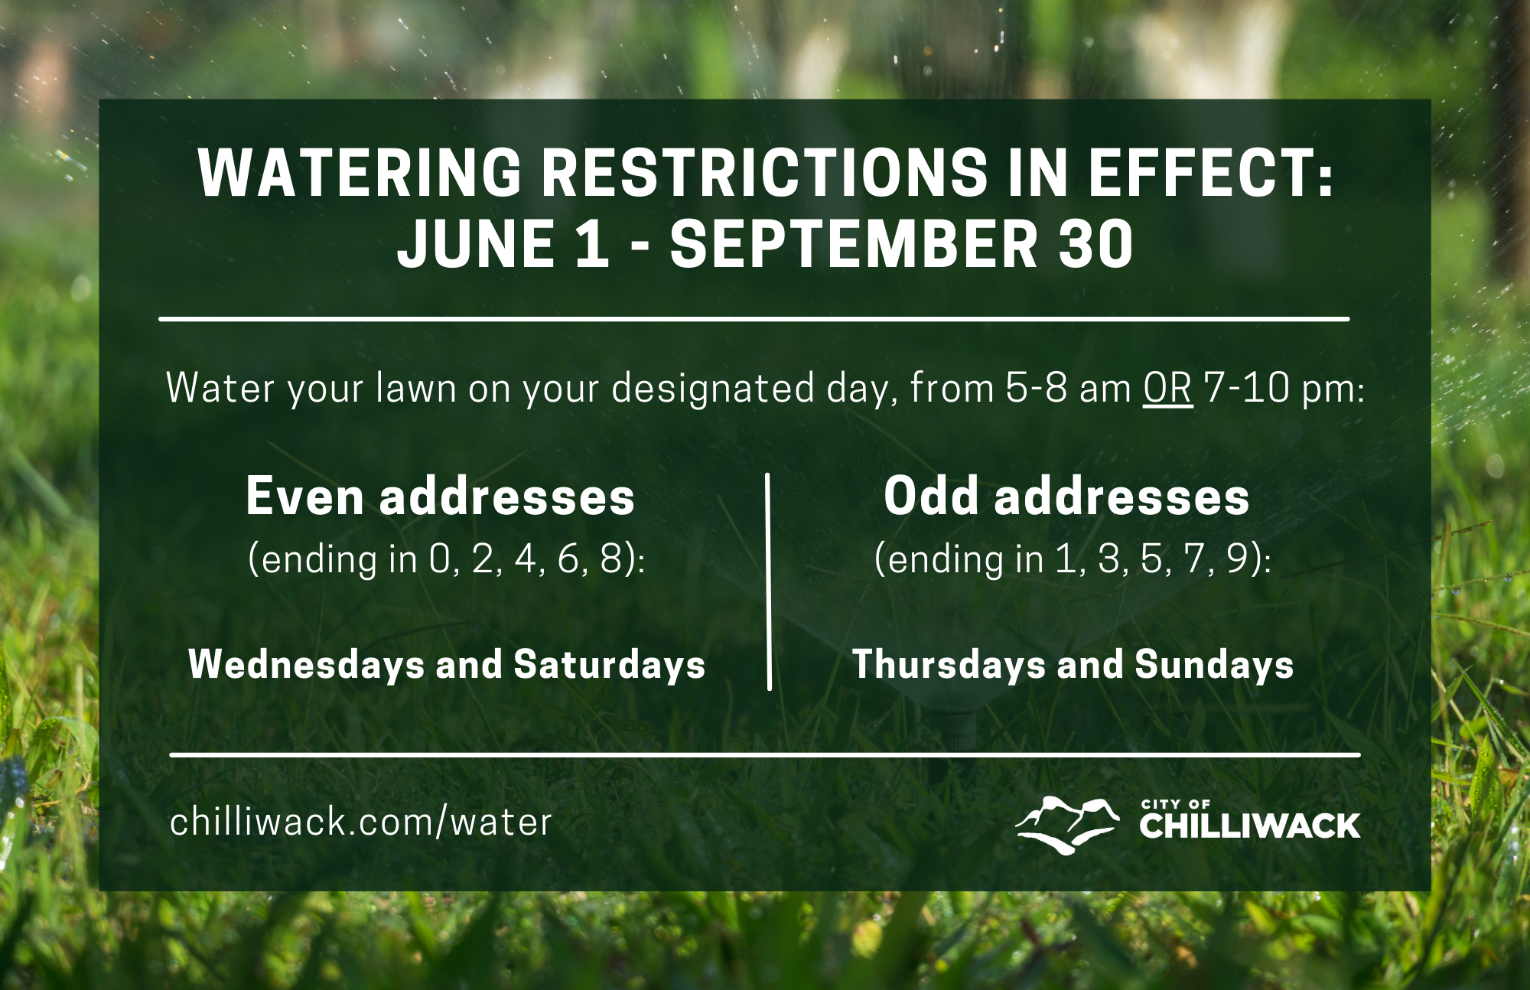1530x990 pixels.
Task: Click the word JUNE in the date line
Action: click(x=476, y=244)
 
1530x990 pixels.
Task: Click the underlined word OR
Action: click(x=1167, y=388)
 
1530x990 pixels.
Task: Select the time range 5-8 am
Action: click(x=1068, y=388)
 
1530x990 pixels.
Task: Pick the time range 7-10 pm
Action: click(x=1283, y=388)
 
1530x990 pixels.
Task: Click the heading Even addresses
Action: click(x=441, y=497)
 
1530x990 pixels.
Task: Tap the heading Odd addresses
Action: click(x=1066, y=497)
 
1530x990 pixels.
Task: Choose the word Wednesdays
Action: click(x=306, y=664)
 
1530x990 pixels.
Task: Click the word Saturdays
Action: click(x=610, y=665)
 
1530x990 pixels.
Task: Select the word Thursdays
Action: click(x=949, y=665)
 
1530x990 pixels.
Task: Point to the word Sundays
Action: click(x=1214, y=665)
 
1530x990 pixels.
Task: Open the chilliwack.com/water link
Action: click(x=360, y=822)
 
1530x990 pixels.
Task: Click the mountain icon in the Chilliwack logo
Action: click(x=1067, y=826)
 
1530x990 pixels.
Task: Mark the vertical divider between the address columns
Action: click(x=769, y=581)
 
